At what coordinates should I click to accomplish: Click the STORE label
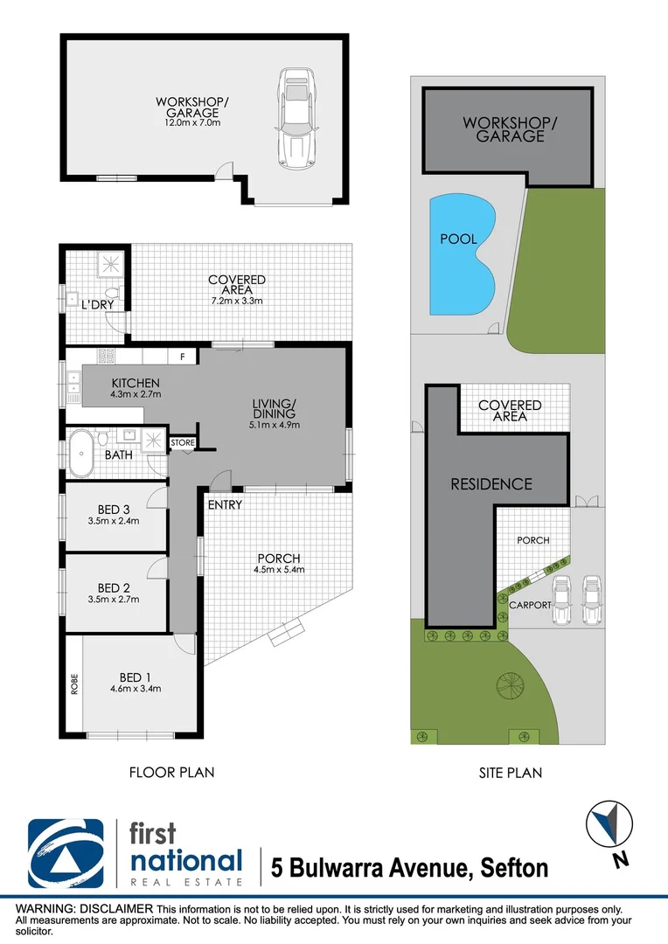click(183, 443)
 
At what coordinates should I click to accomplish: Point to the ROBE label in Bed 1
click(74, 683)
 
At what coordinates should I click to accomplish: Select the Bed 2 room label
click(114, 587)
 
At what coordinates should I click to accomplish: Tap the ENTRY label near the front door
click(225, 505)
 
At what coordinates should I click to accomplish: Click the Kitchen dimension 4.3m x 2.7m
click(136, 394)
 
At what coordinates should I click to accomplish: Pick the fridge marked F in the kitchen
click(182, 356)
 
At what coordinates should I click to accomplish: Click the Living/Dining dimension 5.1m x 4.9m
click(275, 426)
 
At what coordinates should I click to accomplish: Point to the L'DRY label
click(94, 305)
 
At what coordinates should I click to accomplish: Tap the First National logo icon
click(66, 853)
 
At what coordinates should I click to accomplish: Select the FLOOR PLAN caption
click(171, 772)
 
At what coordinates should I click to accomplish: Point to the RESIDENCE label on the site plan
click(491, 483)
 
